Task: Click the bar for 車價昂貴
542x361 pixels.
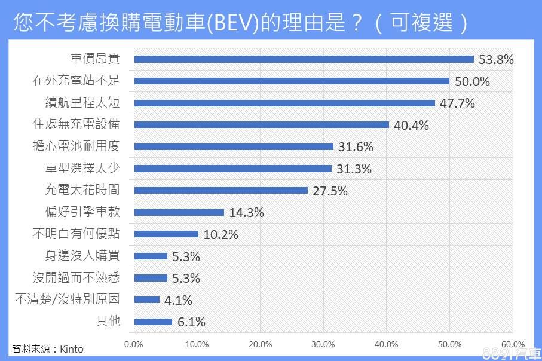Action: pos(304,59)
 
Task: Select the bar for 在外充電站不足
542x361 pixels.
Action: pos(292,81)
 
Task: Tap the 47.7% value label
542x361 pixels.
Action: pos(457,103)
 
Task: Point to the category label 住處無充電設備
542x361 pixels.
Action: pos(76,124)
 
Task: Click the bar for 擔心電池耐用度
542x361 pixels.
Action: pos(234,147)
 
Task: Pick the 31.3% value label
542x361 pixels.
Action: pos(354,169)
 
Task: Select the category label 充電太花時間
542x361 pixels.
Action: pos(82,190)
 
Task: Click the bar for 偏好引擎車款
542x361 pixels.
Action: pos(179,212)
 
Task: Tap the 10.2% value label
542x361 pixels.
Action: pos(221,234)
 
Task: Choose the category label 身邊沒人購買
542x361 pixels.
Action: pos(82,256)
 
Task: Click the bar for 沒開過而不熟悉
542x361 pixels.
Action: pos(151,278)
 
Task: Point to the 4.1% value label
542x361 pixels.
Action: pos(178,301)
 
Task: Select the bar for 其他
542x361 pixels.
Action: pos(153,322)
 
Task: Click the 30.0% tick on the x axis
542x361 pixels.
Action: pos(323,344)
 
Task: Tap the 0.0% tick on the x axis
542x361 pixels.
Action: pos(133,344)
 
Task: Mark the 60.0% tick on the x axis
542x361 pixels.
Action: pos(513,344)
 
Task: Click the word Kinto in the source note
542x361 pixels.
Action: pos(72,349)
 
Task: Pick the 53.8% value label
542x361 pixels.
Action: pos(496,59)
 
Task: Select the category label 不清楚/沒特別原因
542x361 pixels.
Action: pos(67,299)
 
